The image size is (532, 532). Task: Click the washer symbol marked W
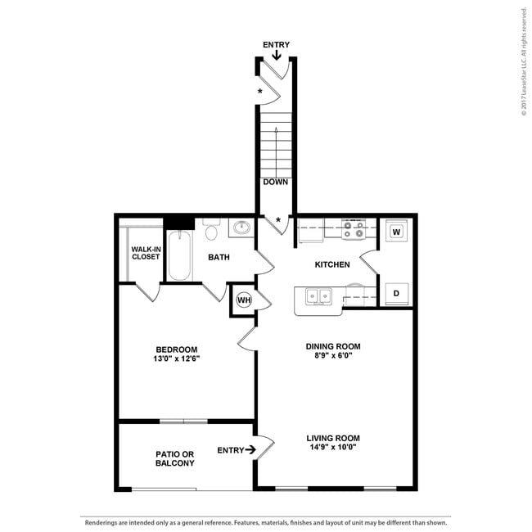[396, 232]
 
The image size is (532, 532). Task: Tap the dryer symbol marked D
[396, 293]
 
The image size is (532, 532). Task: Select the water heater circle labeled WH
[243, 300]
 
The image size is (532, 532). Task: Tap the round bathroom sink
[241, 228]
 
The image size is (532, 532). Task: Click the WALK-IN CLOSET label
[146, 252]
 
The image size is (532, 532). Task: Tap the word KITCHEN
[332, 264]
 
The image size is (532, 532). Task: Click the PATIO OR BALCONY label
[175, 458]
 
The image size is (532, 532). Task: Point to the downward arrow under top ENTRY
[277, 56]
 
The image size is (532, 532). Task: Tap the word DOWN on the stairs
[276, 182]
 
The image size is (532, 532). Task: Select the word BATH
[219, 257]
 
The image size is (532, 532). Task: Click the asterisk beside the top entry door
[261, 91]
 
